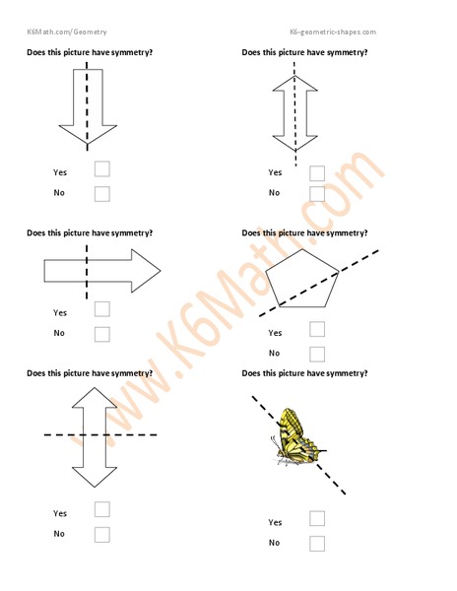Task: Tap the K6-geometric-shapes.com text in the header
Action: point(333,32)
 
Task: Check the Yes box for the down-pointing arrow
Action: point(102,169)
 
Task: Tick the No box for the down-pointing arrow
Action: point(102,194)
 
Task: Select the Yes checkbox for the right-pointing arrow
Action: point(102,309)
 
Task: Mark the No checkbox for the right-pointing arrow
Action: point(102,334)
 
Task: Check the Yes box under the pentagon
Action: point(317,330)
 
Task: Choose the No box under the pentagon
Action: point(317,354)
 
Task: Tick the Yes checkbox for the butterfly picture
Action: point(317,519)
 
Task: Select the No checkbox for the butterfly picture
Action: point(317,543)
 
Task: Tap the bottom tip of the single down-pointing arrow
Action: point(87,147)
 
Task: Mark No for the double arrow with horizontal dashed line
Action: point(102,535)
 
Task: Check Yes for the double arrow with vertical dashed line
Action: point(317,173)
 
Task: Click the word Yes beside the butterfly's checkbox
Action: point(275,522)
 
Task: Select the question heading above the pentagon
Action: point(304,233)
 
